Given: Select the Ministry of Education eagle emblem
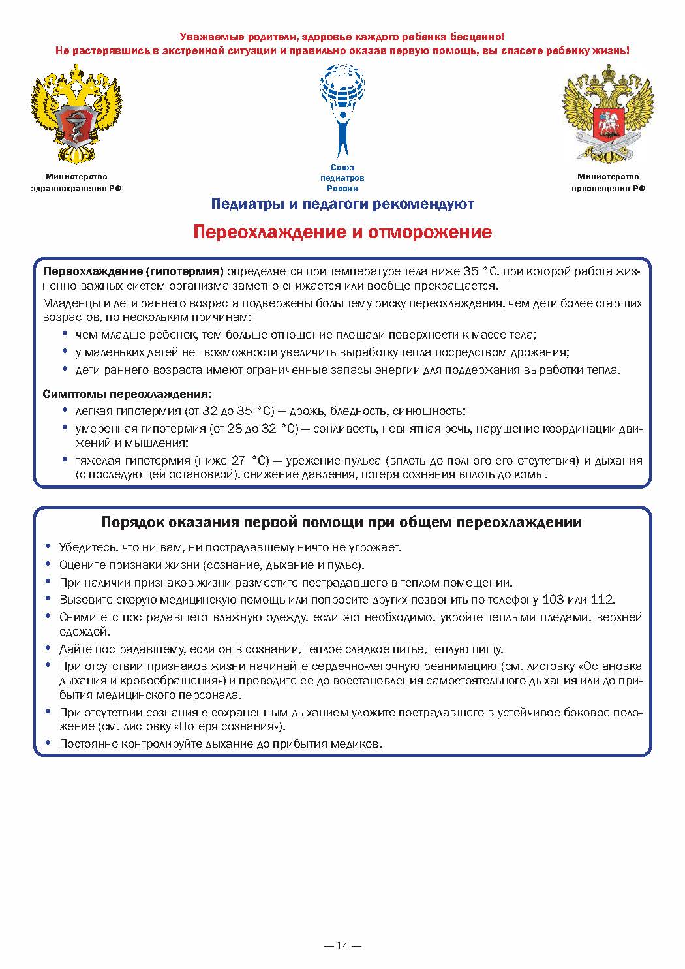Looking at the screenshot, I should click(x=608, y=114).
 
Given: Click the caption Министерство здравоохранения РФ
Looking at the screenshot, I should click(x=76, y=182).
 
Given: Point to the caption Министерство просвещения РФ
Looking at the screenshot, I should click(x=608, y=182).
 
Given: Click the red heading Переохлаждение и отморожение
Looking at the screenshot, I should click(x=342, y=232).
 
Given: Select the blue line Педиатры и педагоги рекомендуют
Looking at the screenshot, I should click(x=342, y=204).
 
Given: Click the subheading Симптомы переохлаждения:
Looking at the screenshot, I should click(x=127, y=394).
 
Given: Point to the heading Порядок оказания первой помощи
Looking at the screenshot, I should click(x=342, y=523).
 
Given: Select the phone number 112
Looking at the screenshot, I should click(x=603, y=600).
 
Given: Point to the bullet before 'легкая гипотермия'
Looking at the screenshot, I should click(x=65, y=410).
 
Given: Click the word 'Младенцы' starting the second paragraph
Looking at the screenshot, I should click(x=68, y=303).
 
